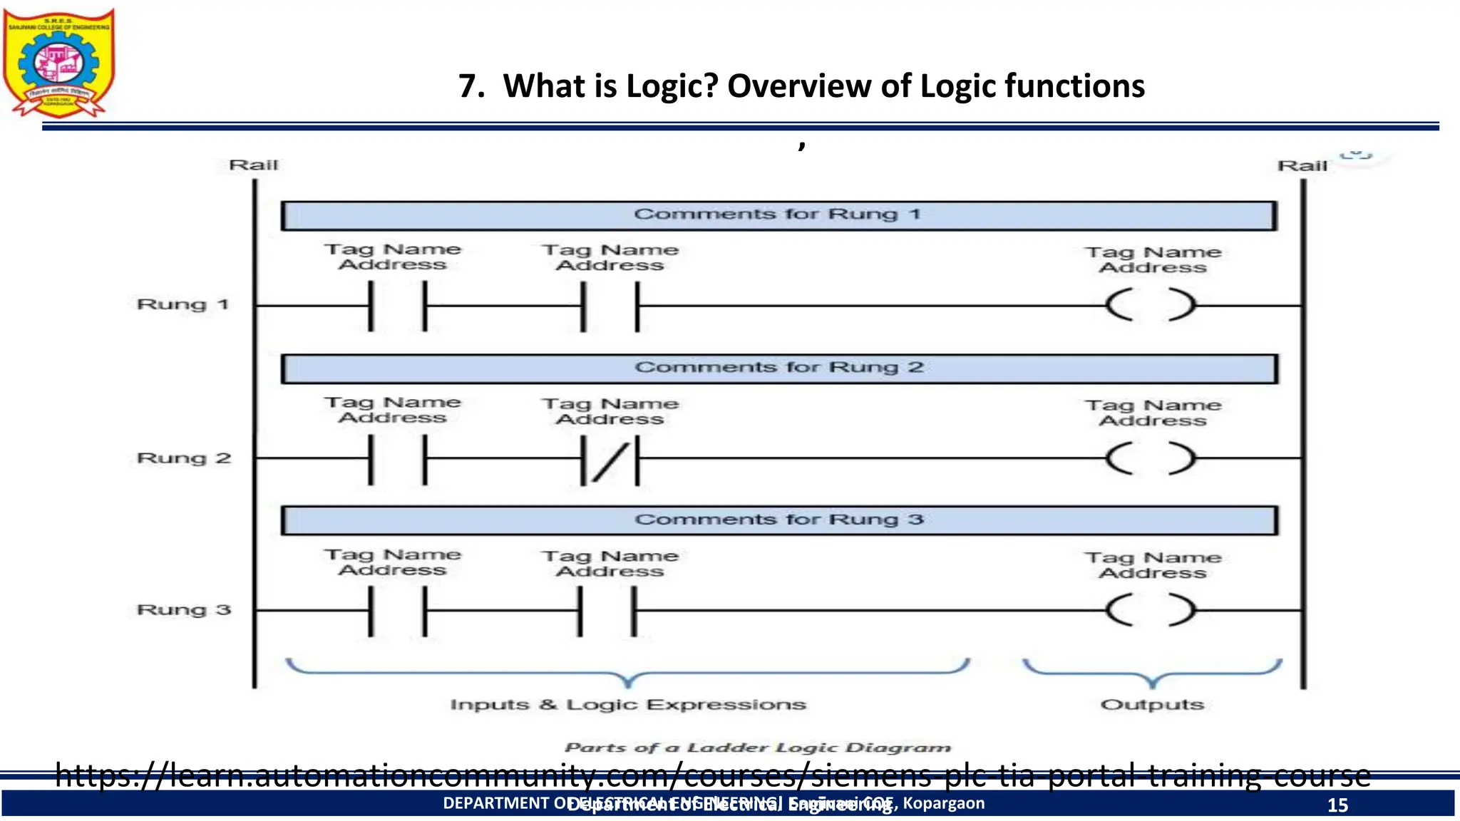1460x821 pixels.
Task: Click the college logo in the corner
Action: [x=58, y=63]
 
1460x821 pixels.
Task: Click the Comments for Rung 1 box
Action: [x=778, y=215]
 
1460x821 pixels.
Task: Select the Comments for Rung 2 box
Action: [x=778, y=368]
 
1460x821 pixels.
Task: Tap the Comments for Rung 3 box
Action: [x=778, y=520]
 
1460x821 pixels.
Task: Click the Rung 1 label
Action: [x=182, y=305]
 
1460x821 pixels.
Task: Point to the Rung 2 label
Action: [x=184, y=458]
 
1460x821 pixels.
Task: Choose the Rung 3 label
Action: [x=184, y=610]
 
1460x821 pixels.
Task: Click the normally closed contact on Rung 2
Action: [x=610, y=460]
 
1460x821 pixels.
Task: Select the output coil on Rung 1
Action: [x=1151, y=306]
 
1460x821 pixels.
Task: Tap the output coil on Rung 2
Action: [x=1151, y=458]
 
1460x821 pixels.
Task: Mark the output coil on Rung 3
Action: [x=1151, y=611]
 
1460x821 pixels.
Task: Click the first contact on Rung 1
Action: [x=398, y=306]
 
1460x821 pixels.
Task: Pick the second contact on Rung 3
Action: [x=607, y=611]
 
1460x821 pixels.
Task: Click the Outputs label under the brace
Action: [x=1152, y=705]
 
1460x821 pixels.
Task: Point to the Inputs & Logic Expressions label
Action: [x=628, y=705]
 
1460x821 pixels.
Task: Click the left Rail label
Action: [x=253, y=165]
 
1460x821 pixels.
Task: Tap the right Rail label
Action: [x=1302, y=166]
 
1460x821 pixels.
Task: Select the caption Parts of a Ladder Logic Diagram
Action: [x=758, y=748]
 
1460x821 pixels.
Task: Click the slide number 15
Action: [x=1337, y=805]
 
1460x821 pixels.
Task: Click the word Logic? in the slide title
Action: [x=672, y=86]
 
